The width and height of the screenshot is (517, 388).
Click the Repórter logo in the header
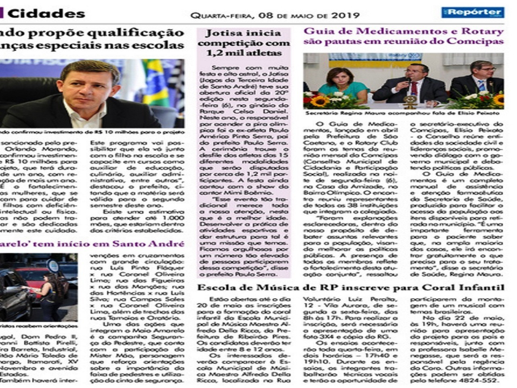(473, 12)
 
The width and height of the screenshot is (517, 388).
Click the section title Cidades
(46, 14)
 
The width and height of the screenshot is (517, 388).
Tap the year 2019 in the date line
(345, 16)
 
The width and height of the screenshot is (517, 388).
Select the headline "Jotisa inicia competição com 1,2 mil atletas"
(244, 43)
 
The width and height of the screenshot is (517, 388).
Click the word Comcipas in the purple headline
(483, 42)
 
